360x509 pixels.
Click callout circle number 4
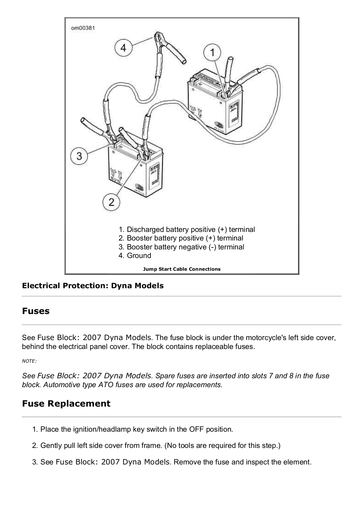click(x=123, y=48)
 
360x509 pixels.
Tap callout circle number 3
click(x=79, y=156)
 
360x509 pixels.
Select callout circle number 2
click(x=111, y=202)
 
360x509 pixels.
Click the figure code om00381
click(x=83, y=28)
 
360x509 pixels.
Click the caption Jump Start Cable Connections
click(x=182, y=269)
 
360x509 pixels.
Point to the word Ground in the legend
click(x=139, y=255)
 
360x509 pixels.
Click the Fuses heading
click(x=36, y=311)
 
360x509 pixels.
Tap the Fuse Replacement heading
click(x=66, y=404)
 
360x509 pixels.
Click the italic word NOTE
click(x=29, y=361)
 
